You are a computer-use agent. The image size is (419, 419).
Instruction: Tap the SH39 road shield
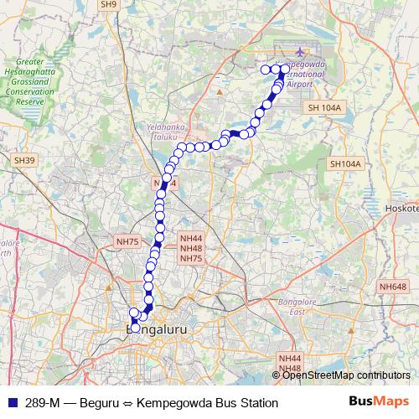tap(22, 159)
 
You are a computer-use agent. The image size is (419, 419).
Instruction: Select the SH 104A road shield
tap(324, 108)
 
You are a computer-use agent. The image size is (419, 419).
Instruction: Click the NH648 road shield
tap(392, 287)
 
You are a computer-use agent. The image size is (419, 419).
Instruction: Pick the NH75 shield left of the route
tap(127, 241)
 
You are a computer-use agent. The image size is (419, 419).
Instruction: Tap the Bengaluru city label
tap(156, 331)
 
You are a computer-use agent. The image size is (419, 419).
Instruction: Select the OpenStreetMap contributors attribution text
tap(346, 375)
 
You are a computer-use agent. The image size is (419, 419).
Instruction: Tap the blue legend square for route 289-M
tap(11, 403)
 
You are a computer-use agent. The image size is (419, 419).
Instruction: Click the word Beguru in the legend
tap(101, 403)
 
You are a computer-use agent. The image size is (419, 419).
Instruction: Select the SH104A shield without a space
tap(344, 164)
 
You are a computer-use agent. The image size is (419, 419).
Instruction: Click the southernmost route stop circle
tap(135, 328)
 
